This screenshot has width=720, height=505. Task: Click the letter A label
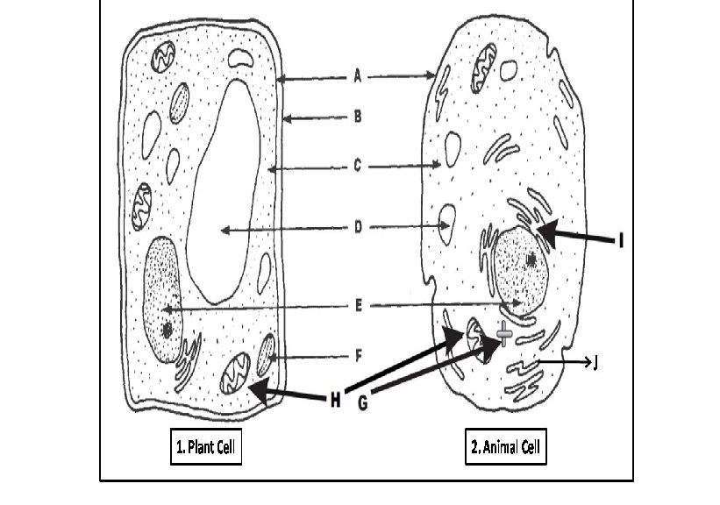(x=358, y=76)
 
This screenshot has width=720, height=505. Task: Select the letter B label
(x=358, y=115)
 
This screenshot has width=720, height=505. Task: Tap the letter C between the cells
(x=358, y=164)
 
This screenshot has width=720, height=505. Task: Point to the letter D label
(x=358, y=229)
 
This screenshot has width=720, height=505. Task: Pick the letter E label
(x=358, y=306)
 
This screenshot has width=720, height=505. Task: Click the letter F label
(x=358, y=356)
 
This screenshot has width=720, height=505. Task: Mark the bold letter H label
(x=335, y=401)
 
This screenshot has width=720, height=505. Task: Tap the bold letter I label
(x=621, y=238)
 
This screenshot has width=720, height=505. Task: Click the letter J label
(x=596, y=363)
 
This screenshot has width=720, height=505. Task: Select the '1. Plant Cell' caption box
(x=205, y=447)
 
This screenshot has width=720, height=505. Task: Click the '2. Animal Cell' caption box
(x=505, y=447)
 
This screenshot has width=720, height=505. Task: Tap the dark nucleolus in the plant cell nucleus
(x=167, y=331)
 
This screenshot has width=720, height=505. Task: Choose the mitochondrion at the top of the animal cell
(x=484, y=74)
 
